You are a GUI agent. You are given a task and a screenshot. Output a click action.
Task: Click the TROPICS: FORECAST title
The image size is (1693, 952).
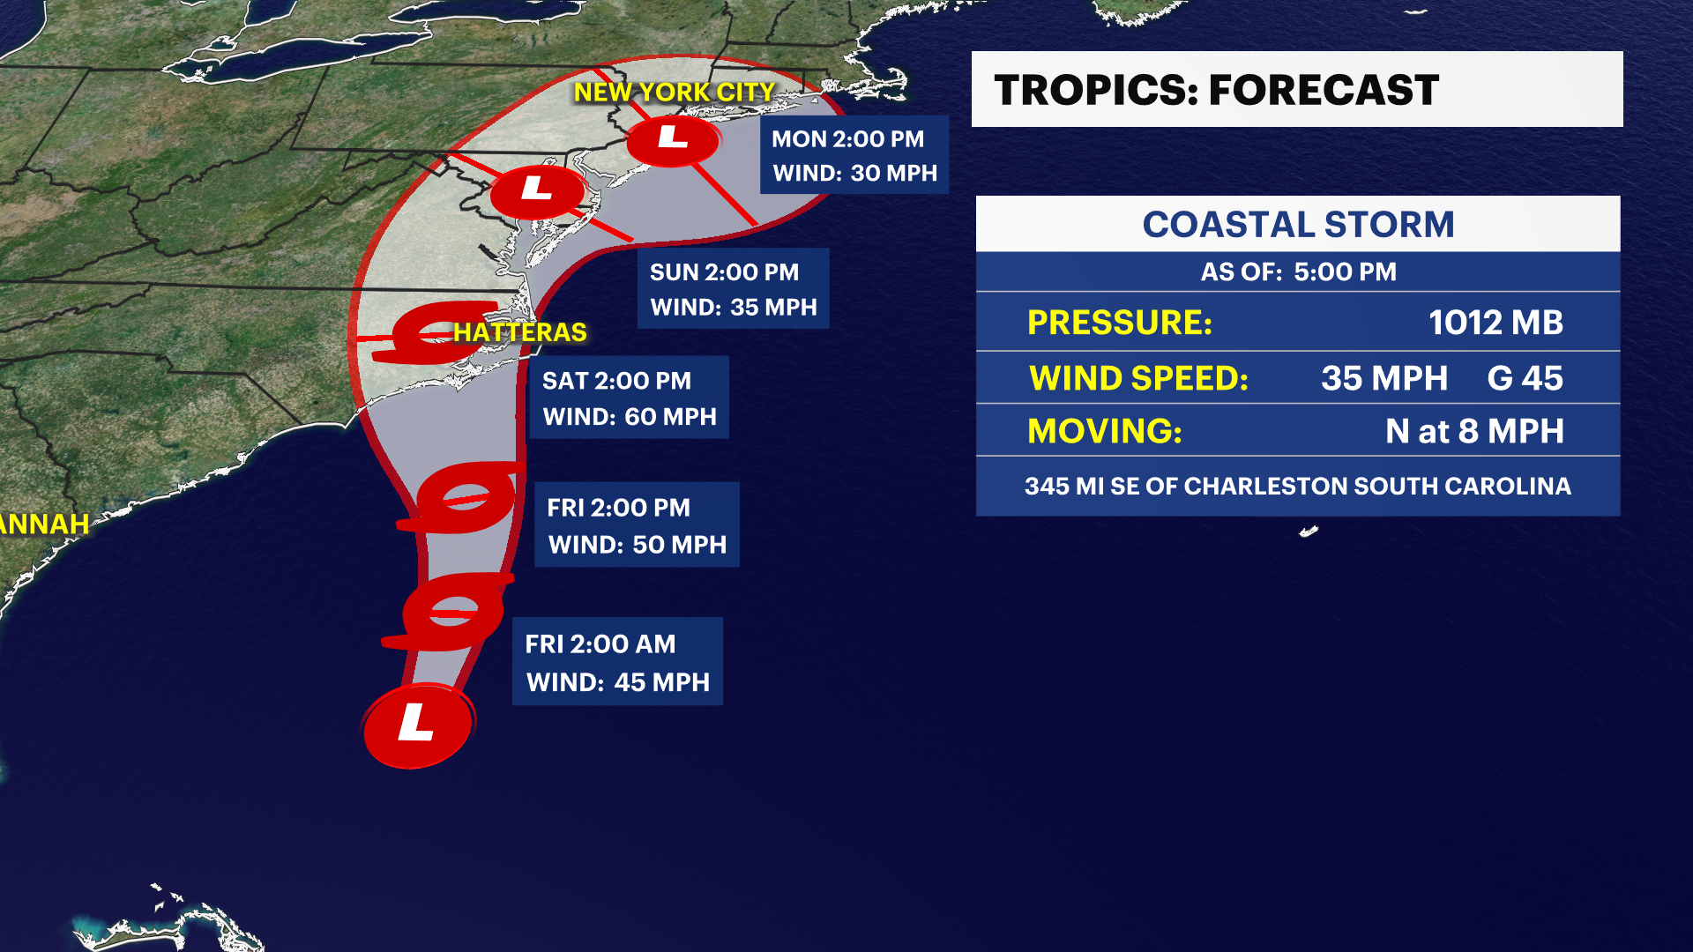click(1216, 90)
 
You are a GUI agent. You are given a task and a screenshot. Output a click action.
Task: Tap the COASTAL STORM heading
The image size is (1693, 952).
click(1298, 225)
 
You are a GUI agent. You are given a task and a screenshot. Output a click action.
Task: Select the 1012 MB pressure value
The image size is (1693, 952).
click(1495, 323)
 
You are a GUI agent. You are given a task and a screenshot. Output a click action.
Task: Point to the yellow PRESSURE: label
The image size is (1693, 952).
click(1119, 323)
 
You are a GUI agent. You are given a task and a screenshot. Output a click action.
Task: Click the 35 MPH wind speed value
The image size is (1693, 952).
click(1383, 378)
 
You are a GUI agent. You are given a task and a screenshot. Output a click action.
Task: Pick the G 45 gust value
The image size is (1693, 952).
click(1525, 378)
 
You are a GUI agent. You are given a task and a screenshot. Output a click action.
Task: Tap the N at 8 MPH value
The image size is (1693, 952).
click(1474, 431)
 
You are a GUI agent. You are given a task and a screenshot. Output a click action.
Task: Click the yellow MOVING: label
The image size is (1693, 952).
click(1104, 431)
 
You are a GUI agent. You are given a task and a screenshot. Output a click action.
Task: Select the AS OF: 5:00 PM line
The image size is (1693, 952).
click(1298, 271)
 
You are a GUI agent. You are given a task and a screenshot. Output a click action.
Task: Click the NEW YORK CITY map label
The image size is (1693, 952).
click(674, 92)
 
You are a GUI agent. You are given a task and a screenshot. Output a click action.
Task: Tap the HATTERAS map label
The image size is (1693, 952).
click(519, 332)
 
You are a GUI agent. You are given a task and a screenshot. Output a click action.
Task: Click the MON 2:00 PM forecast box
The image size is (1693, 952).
click(854, 155)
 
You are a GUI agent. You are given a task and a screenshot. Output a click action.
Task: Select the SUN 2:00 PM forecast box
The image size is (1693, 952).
click(733, 289)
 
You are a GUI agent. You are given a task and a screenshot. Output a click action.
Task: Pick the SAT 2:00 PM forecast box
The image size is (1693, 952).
click(629, 398)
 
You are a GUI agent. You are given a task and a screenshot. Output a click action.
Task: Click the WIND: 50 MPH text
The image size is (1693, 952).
click(637, 545)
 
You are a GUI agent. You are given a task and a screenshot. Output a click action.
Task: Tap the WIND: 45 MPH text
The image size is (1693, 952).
click(617, 682)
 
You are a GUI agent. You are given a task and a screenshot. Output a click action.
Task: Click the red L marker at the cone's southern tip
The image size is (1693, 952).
click(417, 725)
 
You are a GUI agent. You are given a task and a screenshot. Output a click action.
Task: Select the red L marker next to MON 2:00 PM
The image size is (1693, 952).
click(673, 138)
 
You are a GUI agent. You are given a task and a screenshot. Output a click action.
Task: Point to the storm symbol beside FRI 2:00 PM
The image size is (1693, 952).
click(465, 499)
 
